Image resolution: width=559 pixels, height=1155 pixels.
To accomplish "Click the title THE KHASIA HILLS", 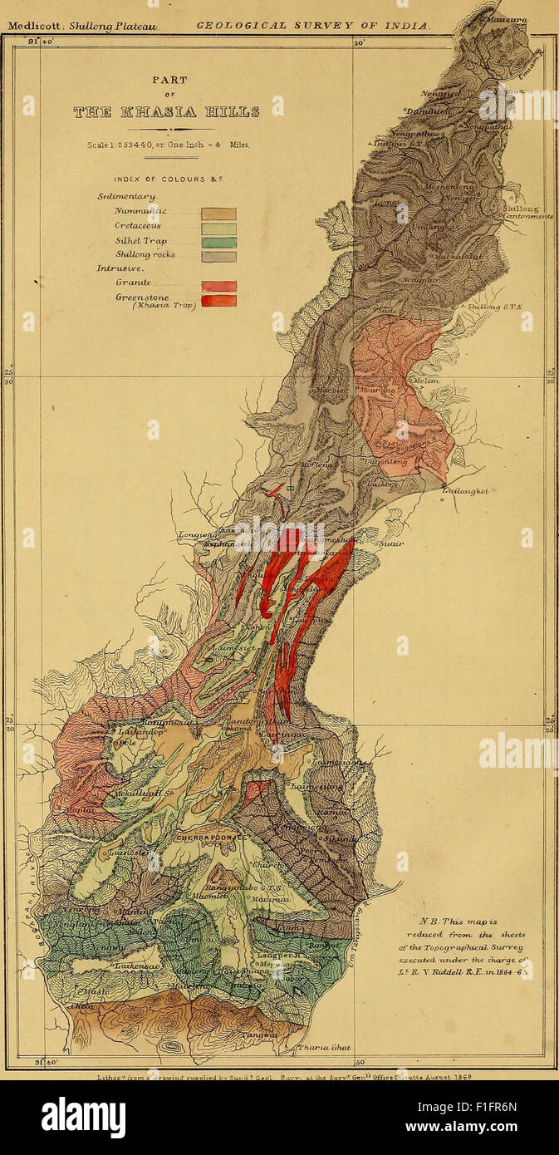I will pos(166,111).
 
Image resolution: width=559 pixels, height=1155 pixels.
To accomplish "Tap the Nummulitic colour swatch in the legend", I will pos(218,214).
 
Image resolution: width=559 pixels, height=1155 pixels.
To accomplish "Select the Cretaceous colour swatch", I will pos(218,229).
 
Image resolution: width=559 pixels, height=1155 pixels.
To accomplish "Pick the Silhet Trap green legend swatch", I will pos(218,243).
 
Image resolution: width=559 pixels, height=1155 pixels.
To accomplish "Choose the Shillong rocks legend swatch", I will pos(218,257).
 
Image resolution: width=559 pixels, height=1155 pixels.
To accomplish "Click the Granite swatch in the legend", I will pos(218,286).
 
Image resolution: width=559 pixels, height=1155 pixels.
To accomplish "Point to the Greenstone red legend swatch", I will pos(218,301).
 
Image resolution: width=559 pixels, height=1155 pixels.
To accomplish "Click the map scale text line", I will pos(169,144).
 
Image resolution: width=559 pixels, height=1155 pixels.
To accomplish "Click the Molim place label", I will pos(425,381).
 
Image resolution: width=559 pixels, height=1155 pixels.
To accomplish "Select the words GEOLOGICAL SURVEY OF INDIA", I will pos(313,26).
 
